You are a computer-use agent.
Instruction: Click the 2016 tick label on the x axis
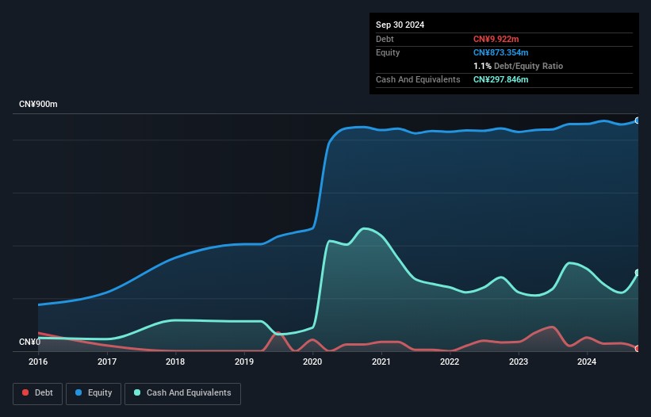coord(38,362)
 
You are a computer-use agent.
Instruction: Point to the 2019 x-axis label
coord(244,362)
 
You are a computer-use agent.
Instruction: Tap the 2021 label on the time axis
coord(381,362)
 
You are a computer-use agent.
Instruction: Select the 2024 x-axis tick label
coord(587,362)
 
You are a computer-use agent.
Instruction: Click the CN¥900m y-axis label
coord(38,104)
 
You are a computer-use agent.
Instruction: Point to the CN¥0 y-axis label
coord(30,342)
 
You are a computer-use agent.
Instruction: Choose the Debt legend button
coord(38,393)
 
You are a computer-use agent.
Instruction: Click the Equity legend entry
coord(94,393)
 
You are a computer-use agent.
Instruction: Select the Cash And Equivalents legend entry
coord(182,393)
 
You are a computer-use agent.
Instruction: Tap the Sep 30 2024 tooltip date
coord(400,25)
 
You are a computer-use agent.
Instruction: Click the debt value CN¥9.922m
coord(496,39)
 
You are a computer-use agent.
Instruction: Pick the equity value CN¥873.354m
coord(500,52)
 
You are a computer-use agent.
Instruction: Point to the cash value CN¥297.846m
coord(500,79)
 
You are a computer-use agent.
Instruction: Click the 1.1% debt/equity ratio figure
coord(482,66)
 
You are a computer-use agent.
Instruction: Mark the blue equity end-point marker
coord(638,121)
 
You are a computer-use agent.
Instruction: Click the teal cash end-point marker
coord(638,273)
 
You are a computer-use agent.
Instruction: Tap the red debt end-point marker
coord(638,349)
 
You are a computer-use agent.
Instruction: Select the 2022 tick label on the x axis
coord(450,362)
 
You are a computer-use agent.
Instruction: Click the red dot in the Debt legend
coord(25,392)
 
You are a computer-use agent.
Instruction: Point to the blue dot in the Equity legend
coord(79,392)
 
